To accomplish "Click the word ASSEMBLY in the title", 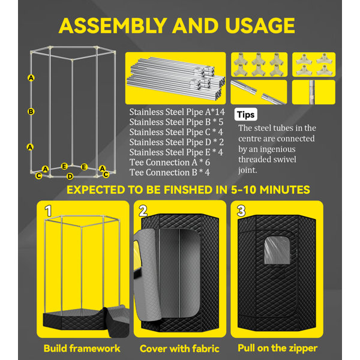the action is pyautogui.click(x=113, y=25).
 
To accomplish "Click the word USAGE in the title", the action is pyautogui.click(x=260, y=25).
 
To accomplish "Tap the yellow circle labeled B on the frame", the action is pyautogui.click(x=31, y=112).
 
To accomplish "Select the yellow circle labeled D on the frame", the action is pyautogui.click(x=70, y=176).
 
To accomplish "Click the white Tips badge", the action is pyautogui.click(x=245, y=115).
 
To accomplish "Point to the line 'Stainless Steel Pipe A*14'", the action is pyautogui.click(x=177, y=112).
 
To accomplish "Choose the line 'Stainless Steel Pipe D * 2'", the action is pyautogui.click(x=176, y=142).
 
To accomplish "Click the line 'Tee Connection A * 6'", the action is pyautogui.click(x=170, y=163).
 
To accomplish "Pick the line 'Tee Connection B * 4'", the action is pyautogui.click(x=170, y=172).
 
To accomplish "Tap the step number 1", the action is pyautogui.click(x=48, y=211).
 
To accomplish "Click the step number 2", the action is pyautogui.click(x=143, y=211).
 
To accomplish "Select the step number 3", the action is pyautogui.click(x=241, y=211).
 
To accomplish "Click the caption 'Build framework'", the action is pyautogui.click(x=82, y=348).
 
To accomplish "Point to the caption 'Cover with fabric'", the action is pyautogui.click(x=179, y=349).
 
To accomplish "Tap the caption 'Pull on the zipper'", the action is pyautogui.click(x=278, y=348).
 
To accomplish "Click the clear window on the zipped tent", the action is pyautogui.click(x=277, y=250).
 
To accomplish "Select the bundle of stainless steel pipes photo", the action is pyautogui.click(x=176, y=78).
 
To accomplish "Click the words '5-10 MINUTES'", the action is pyautogui.click(x=271, y=190).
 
